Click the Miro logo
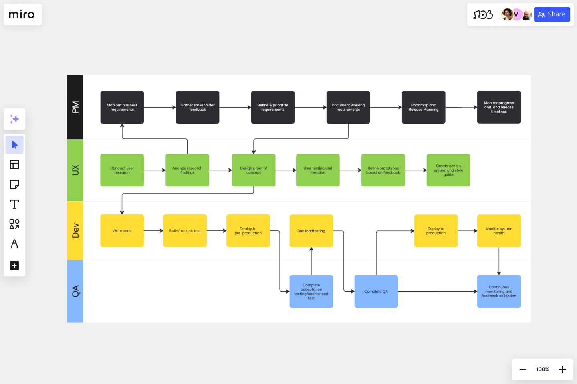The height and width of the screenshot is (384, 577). click(22, 15)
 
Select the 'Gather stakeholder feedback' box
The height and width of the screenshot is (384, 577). click(197, 107)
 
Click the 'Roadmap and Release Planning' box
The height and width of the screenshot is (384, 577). click(423, 107)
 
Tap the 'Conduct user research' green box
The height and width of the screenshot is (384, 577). click(122, 170)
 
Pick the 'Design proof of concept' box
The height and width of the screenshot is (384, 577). click(253, 170)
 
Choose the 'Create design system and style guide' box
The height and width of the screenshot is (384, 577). click(448, 170)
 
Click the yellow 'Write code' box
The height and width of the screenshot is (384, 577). click(122, 231)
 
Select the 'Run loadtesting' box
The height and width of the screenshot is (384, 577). click(311, 231)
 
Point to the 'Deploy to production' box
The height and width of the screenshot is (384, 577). click(436, 231)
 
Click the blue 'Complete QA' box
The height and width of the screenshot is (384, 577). click(376, 292)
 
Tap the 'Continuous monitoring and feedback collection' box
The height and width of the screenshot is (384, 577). click(498, 292)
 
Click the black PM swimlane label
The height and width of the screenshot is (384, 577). click(75, 107)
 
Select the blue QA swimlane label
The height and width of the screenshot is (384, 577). click(75, 291)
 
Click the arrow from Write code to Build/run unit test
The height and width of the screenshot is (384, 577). click(153, 231)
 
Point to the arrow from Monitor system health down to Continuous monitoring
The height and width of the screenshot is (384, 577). click(499, 261)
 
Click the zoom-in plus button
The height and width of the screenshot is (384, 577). click(562, 370)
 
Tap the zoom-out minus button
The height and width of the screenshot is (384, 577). click(523, 370)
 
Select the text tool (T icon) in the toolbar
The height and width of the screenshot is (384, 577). click(14, 204)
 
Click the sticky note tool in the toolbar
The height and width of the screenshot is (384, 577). click(14, 184)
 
